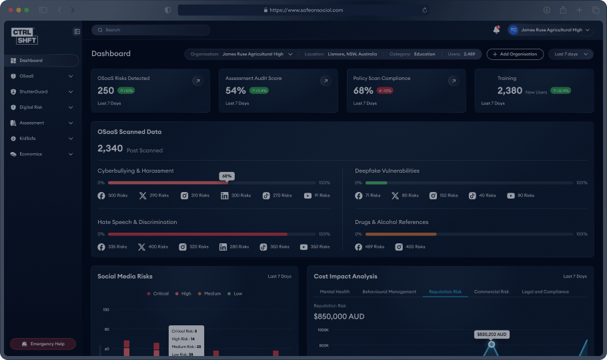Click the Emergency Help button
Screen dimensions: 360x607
43,344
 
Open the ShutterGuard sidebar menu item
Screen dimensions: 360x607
33,91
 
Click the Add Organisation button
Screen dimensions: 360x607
514,54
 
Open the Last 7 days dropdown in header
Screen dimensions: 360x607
570,54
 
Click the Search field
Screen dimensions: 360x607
151,30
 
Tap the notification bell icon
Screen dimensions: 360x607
496,30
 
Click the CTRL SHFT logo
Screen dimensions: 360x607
25,36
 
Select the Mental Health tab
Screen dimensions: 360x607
335,292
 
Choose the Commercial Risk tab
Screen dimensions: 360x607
491,292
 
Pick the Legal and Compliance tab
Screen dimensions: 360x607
545,292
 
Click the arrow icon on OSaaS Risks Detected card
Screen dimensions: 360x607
197,81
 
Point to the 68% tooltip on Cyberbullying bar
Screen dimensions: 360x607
227,176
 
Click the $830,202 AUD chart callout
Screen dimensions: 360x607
492,334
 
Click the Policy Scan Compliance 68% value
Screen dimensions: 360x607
364,91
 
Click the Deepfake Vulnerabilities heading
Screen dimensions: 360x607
387,171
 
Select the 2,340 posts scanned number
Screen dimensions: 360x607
110,149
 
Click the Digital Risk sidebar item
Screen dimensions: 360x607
31,107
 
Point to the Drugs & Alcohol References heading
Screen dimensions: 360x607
392,222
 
